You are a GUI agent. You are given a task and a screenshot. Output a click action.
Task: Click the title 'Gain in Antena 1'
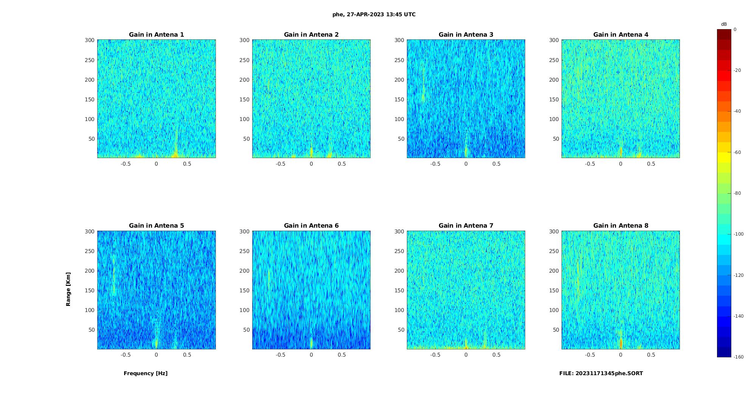156,35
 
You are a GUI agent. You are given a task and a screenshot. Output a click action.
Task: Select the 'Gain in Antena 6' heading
311,226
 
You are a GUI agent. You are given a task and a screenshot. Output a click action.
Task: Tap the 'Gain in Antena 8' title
621,226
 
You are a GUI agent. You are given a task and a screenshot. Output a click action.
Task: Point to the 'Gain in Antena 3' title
466,35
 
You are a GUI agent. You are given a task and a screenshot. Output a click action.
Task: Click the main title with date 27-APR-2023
374,15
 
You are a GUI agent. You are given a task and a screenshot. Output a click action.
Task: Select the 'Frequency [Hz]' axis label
146,373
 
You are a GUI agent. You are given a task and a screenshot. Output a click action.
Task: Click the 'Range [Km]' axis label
68,289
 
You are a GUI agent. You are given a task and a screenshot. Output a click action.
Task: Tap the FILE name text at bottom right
601,373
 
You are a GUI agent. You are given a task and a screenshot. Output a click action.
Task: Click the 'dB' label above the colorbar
724,24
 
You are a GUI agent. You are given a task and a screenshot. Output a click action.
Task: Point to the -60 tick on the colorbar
737,152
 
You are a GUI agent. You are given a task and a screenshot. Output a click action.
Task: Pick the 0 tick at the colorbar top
735,29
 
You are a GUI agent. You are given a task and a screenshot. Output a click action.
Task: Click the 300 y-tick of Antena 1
89,40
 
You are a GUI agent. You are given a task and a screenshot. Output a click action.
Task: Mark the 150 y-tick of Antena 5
89,290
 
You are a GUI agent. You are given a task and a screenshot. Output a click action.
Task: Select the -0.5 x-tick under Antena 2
280,164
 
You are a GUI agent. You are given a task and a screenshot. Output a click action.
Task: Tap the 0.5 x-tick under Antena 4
651,164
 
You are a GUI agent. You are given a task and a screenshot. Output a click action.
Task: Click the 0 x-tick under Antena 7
466,355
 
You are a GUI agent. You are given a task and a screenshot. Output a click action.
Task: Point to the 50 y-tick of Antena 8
555,330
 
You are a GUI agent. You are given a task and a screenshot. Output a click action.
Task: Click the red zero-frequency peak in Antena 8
621,343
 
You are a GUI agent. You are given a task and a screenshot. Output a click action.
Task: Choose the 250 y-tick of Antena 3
399,60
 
